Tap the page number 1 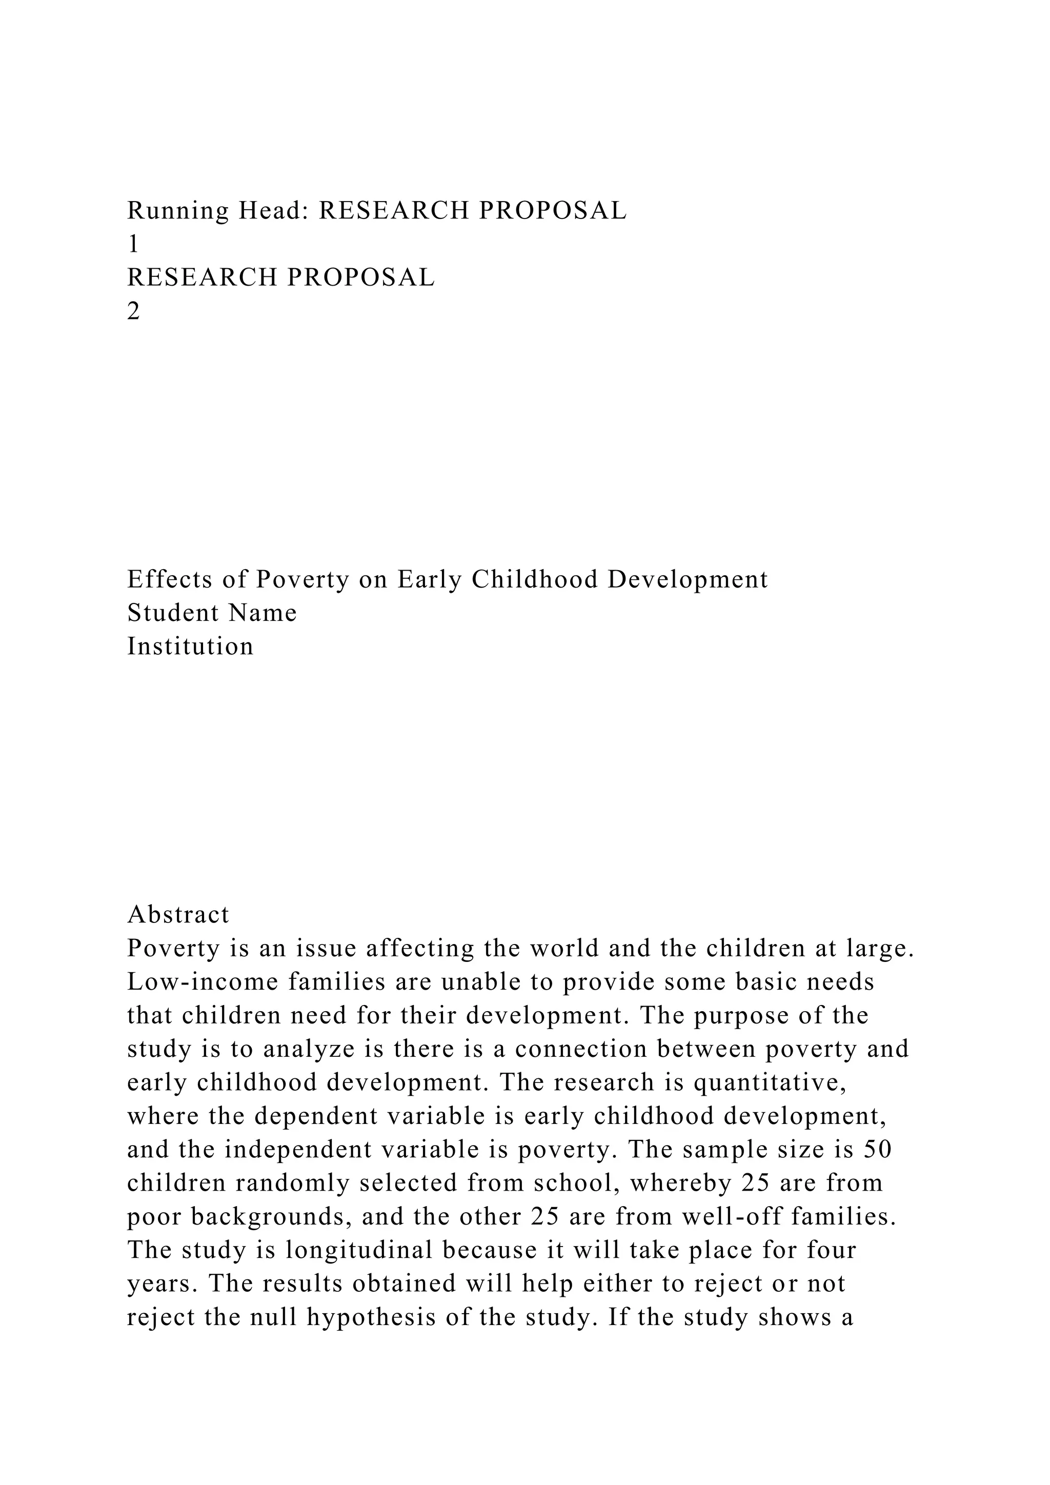(133, 245)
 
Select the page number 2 (134, 312)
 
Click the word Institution (191, 647)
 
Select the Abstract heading (178, 915)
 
